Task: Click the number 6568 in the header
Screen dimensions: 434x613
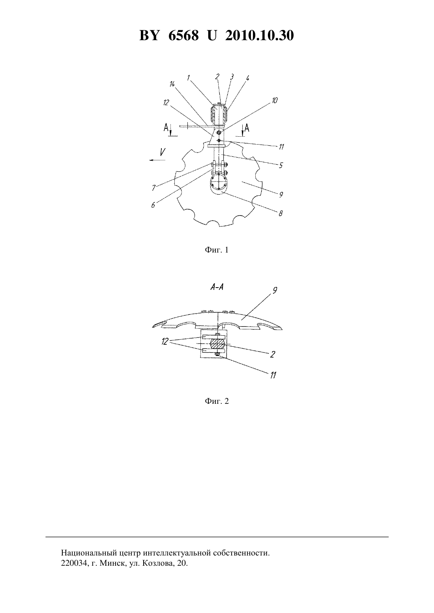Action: [x=183, y=35]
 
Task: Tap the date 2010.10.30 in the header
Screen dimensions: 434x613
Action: [x=260, y=35]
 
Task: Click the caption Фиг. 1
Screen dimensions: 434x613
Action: [x=217, y=250]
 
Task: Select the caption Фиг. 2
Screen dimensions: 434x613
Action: [x=217, y=401]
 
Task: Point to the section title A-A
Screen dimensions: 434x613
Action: [x=217, y=287]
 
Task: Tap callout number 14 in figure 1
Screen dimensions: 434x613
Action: [x=172, y=84]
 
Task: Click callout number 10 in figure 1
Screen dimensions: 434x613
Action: [x=275, y=100]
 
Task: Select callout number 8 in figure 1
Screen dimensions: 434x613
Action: [x=280, y=213]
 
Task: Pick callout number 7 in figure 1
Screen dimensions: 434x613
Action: [x=154, y=188]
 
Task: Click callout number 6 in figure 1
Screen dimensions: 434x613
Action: [x=153, y=205]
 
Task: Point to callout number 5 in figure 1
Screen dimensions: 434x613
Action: [x=281, y=165]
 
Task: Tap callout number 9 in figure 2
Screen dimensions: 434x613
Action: [x=275, y=290]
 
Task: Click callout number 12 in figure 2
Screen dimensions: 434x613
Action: [x=165, y=342]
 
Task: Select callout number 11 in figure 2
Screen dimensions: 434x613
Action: [x=273, y=375]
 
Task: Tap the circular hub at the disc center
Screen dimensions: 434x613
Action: [x=218, y=183]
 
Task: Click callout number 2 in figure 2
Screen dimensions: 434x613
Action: [x=272, y=355]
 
